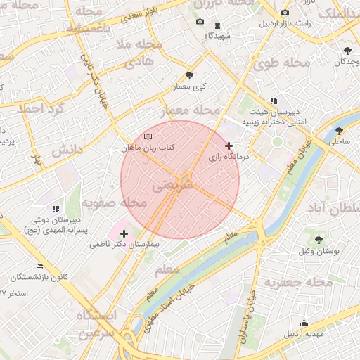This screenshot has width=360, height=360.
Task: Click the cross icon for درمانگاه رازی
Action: coord(229,146)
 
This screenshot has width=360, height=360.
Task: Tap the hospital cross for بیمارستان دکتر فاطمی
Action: coord(124,233)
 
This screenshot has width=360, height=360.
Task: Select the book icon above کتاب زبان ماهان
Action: coord(147,136)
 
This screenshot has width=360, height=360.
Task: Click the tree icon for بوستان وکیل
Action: coord(319,240)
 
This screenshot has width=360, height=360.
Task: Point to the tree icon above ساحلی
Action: coord(340,130)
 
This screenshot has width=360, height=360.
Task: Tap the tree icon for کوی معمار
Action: coord(189,75)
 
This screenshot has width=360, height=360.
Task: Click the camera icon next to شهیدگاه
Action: coord(200,22)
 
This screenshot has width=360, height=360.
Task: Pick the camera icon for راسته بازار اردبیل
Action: coord(285,12)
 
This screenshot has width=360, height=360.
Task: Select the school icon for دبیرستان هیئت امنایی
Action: coord(273,101)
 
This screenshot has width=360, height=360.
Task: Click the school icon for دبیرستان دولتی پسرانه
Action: coord(55,209)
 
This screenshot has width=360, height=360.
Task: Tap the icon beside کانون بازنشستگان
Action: coord(40,266)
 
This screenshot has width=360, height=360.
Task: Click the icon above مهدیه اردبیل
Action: coord(304,323)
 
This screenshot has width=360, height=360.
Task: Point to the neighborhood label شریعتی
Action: coord(169,186)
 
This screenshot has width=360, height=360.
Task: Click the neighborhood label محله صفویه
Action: coord(114,202)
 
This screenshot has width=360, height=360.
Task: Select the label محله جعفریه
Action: coord(298,282)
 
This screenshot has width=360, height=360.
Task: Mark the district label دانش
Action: coord(67,150)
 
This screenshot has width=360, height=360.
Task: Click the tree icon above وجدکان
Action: coord(348,51)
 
